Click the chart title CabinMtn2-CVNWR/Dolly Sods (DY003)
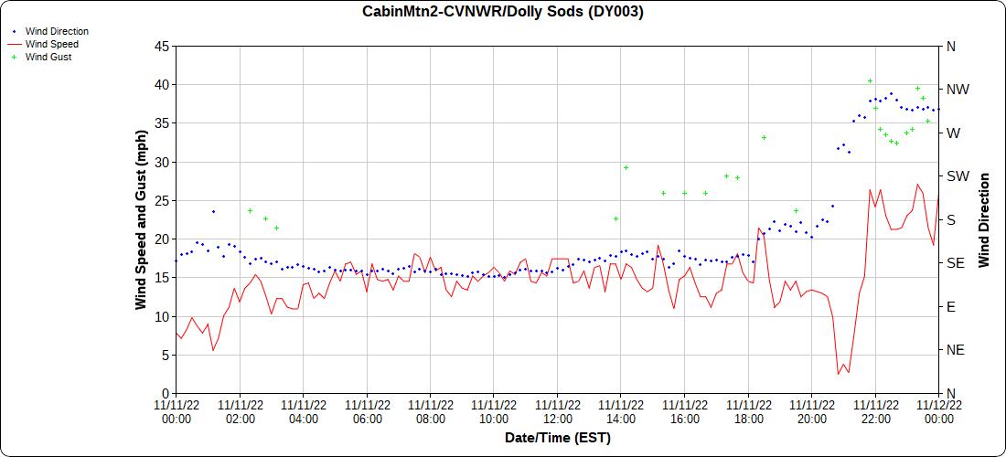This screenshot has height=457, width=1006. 503,12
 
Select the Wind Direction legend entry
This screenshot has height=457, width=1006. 57,31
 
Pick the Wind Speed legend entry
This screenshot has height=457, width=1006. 51,44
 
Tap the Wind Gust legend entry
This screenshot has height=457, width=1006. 48,57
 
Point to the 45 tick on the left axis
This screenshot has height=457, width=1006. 161,46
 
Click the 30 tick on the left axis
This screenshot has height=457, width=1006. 161,162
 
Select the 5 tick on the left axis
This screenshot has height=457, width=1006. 165,355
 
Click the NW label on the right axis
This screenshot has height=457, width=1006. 958,90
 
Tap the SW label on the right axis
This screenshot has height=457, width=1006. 958,176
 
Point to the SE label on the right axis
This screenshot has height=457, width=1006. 956,263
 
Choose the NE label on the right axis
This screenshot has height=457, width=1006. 956,350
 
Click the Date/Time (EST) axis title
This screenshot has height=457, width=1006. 557,438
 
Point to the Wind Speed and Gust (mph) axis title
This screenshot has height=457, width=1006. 141,219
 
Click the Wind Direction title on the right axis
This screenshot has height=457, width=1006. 984,219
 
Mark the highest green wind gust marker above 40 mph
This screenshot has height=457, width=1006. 871,81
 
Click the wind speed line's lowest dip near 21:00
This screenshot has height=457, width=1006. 838,374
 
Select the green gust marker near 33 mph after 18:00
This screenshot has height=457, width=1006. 764,137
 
